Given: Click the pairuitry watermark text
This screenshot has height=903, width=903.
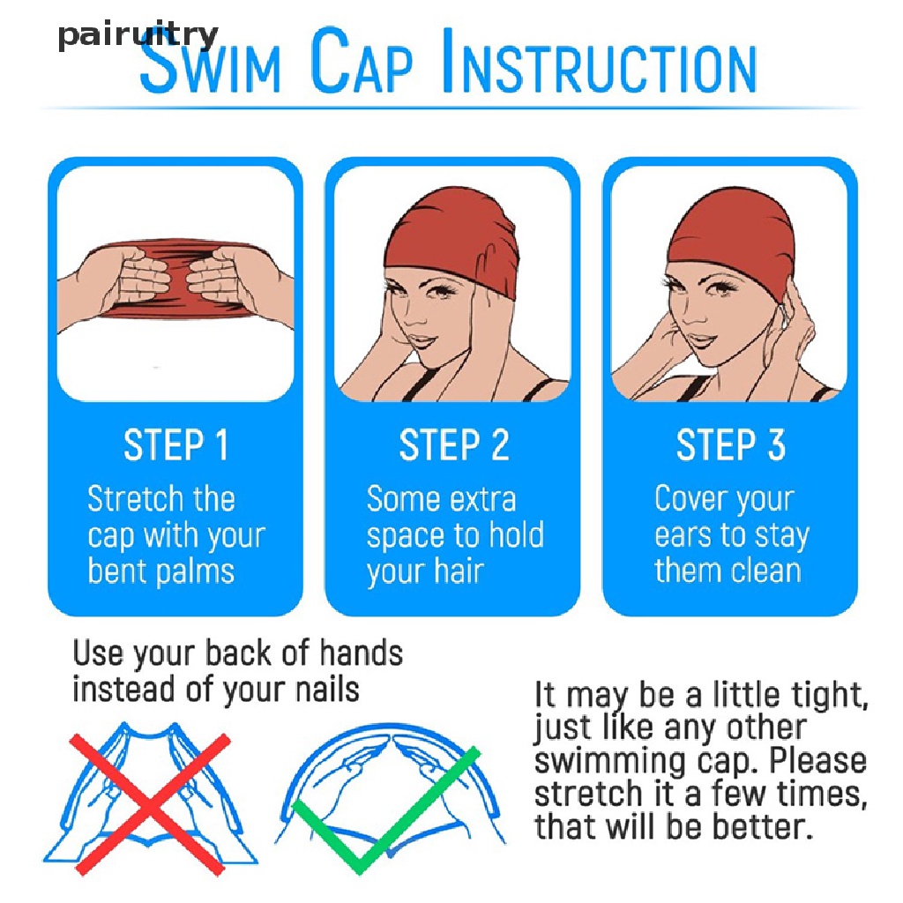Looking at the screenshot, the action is (138, 35).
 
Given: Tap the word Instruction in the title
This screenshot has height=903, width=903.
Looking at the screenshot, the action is (600, 61).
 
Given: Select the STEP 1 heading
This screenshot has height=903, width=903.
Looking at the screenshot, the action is (176, 444).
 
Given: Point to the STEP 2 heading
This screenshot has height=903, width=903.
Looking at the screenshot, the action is (454, 444).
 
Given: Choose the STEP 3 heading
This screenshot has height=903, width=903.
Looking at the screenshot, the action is (730, 444).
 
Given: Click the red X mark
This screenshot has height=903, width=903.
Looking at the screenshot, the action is (149, 804).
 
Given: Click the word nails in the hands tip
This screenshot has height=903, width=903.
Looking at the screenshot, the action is (327, 689).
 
